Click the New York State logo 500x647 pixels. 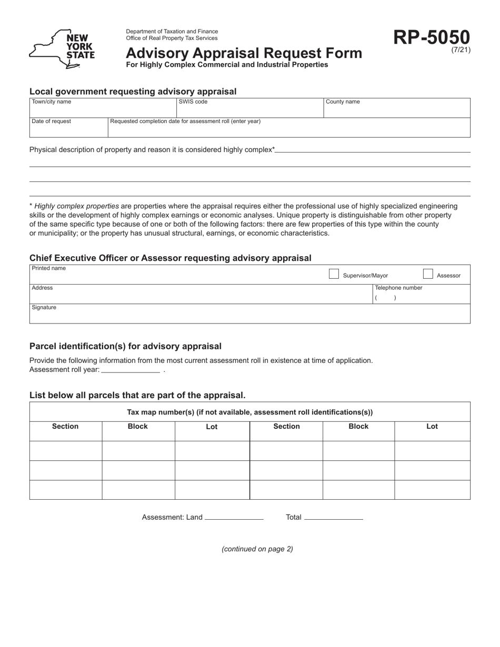(62, 49)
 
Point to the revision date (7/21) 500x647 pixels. (461, 50)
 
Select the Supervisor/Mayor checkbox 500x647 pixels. (334, 274)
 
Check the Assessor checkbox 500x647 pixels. (428, 274)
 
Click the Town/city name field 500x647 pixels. (103, 110)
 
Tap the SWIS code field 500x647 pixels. (249, 110)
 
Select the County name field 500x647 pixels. (396, 110)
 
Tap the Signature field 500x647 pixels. (249, 316)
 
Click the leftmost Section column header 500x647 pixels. (65, 427)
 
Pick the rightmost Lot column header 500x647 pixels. (432, 427)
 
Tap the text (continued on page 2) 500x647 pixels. (257, 549)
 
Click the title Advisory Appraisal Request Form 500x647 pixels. (244, 53)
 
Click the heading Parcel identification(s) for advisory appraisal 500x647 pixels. (125, 346)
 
